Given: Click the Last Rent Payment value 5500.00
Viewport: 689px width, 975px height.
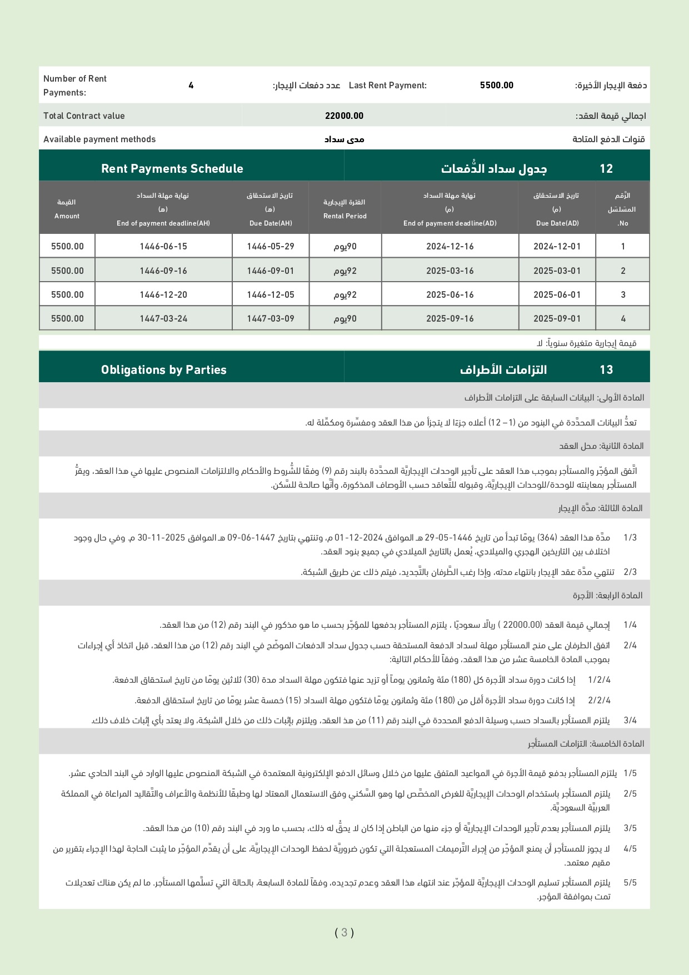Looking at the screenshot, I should point(496,86).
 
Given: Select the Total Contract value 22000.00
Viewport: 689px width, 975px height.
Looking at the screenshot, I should point(344,116).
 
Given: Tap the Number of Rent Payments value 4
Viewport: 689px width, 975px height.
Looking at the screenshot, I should point(191,86).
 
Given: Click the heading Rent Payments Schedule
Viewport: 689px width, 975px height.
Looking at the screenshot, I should point(172,169).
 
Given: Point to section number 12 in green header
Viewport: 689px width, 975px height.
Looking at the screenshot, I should point(606,169).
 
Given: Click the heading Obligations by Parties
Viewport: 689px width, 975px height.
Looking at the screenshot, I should point(164,370).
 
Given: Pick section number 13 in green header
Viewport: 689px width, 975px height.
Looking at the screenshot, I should point(606,370).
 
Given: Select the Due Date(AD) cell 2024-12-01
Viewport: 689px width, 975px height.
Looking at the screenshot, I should point(557,247).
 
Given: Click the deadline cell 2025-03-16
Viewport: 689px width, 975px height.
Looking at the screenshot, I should point(450,271).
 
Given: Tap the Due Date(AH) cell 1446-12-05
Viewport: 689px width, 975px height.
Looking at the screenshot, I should point(271,295).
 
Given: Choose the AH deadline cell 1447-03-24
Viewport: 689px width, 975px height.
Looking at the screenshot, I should point(163,319).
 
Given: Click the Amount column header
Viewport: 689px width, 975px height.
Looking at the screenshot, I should point(67,209).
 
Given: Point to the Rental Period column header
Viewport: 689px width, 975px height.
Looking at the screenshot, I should point(345,209).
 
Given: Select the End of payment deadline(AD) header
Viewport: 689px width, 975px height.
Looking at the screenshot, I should point(450,209).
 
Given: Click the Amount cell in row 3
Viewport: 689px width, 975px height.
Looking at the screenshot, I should point(67,295).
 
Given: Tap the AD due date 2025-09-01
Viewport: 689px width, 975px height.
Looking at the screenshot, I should point(557,319).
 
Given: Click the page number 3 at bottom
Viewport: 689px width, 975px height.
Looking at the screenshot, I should point(344,932).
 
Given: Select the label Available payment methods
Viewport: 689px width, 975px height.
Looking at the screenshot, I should point(99,139).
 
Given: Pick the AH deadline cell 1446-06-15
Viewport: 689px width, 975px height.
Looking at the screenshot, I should point(163,247).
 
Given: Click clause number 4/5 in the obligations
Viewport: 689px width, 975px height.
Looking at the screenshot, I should point(630,849).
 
